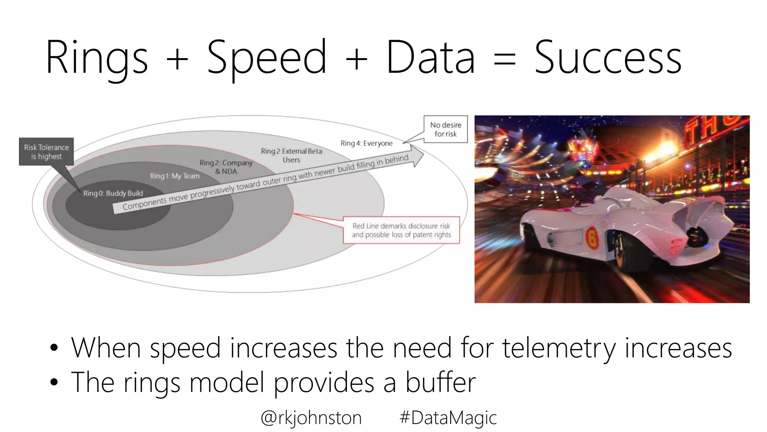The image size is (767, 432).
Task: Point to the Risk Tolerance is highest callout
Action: pyautogui.click(x=46, y=152)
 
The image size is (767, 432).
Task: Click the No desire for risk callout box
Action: pyautogui.click(x=446, y=129)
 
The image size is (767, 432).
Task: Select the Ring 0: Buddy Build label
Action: pyautogui.click(x=113, y=193)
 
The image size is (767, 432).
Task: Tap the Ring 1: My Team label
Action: pyautogui.click(x=175, y=176)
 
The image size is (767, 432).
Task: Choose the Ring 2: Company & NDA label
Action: pyautogui.click(x=226, y=167)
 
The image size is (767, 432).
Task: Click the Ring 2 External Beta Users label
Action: pyautogui.click(x=291, y=155)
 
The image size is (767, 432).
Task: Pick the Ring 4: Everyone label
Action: pyautogui.click(x=366, y=143)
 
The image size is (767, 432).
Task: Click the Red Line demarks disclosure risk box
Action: pyautogui.click(x=401, y=230)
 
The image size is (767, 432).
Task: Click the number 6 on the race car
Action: pyautogui.click(x=592, y=237)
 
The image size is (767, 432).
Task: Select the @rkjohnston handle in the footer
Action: pyautogui.click(x=311, y=418)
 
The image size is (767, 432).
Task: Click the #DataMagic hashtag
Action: pyautogui.click(x=448, y=418)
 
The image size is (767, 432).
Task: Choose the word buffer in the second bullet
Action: pyautogui.click(x=440, y=382)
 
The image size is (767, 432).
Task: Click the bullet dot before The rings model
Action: pyautogui.click(x=54, y=382)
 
